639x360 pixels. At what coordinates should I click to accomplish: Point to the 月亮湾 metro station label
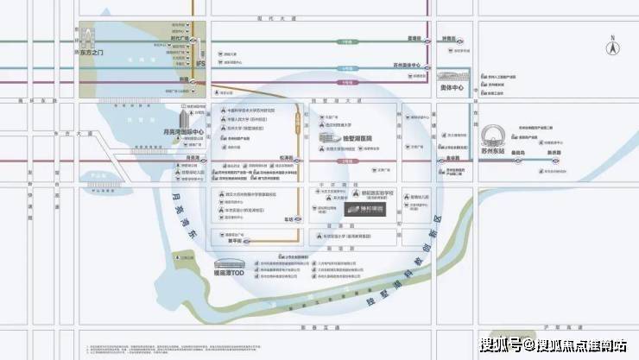pos(194,158)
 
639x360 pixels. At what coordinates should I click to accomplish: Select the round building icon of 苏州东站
pos(489,137)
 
